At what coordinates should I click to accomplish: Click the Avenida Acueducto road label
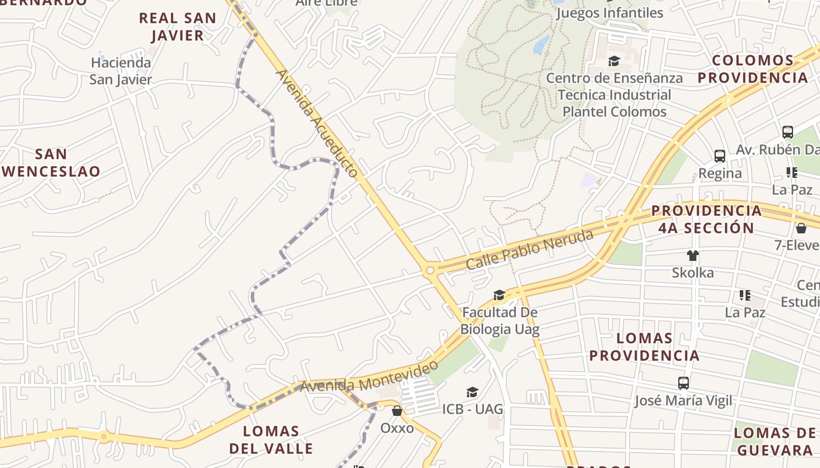pyautogui.click(x=316, y=123)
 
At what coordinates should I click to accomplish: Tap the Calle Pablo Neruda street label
pyautogui.click(x=529, y=250)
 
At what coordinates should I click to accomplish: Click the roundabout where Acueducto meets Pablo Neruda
pyautogui.click(x=430, y=270)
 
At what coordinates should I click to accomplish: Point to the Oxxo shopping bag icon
pyautogui.click(x=397, y=411)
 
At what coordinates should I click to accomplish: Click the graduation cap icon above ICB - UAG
pyautogui.click(x=472, y=392)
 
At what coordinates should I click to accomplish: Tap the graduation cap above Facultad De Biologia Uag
pyautogui.click(x=499, y=295)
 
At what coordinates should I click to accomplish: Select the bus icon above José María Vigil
pyautogui.click(x=683, y=383)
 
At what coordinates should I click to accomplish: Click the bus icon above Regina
pyautogui.click(x=720, y=156)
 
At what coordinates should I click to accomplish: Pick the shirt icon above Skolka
pyautogui.click(x=693, y=255)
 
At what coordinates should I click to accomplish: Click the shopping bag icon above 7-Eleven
pyautogui.click(x=801, y=228)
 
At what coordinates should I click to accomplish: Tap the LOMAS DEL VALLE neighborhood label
pyautogui.click(x=271, y=440)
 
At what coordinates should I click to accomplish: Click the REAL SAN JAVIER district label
pyautogui.click(x=177, y=26)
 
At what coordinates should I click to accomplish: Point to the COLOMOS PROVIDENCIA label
pyautogui.click(x=753, y=69)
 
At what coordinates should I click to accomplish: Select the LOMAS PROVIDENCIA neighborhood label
pyautogui.click(x=644, y=346)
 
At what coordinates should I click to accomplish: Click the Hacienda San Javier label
pyautogui.click(x=121, y=71)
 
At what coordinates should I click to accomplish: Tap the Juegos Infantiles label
pyautogui.click(x=610, y=13)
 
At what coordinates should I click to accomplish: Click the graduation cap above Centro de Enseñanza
pyautogui.click(x=614, y=61)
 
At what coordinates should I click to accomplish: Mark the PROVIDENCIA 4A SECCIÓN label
pyautogui.click(x=706, y=219)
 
